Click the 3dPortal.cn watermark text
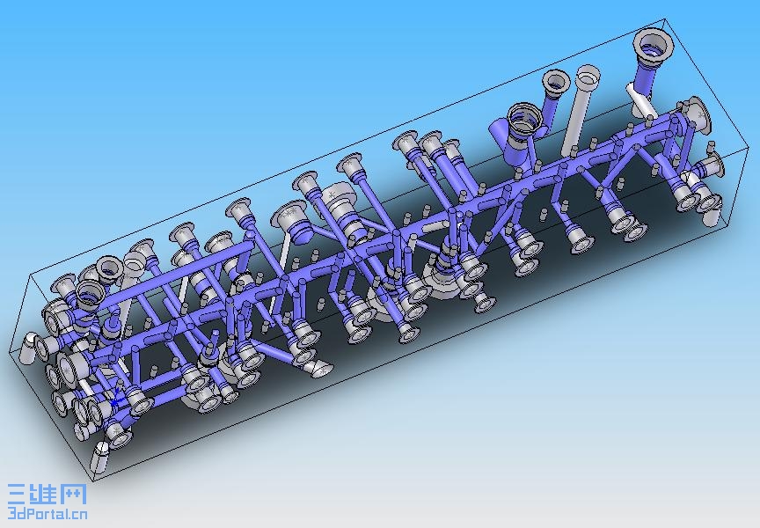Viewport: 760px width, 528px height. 47,513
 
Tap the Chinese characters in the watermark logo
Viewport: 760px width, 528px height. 47,495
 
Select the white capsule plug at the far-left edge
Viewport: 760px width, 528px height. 28,347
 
